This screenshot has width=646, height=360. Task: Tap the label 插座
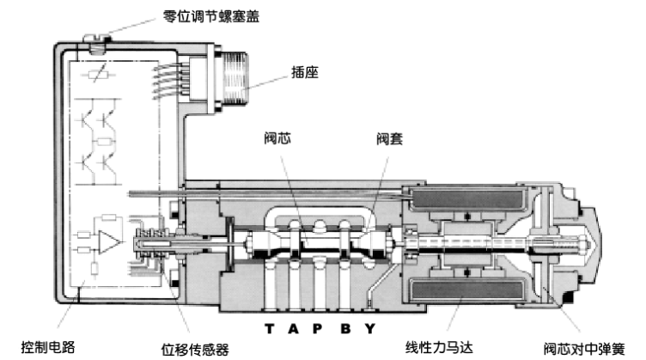306,73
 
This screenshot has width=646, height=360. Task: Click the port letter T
269,328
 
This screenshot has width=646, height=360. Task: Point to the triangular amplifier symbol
108,240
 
